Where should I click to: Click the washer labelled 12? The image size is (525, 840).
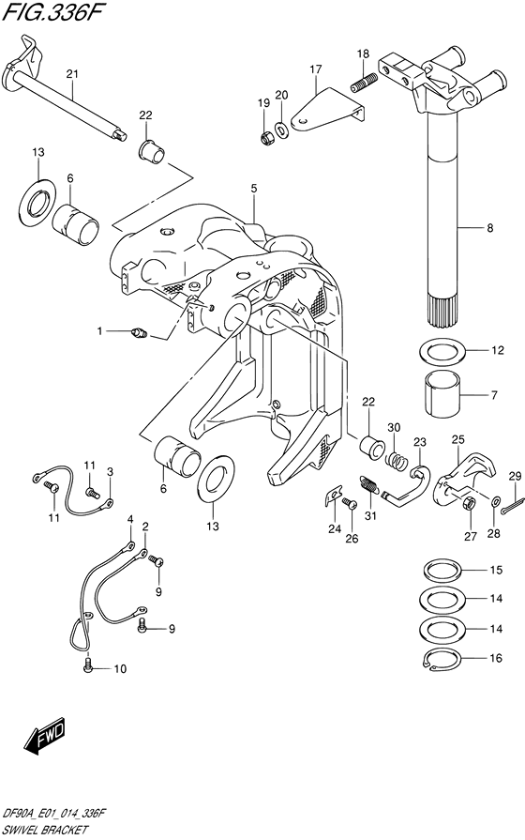(442, 353)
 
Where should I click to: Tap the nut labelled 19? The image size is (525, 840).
(267, 137)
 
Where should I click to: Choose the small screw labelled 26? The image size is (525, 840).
(351, 505)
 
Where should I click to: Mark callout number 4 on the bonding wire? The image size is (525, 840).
(130, 519)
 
